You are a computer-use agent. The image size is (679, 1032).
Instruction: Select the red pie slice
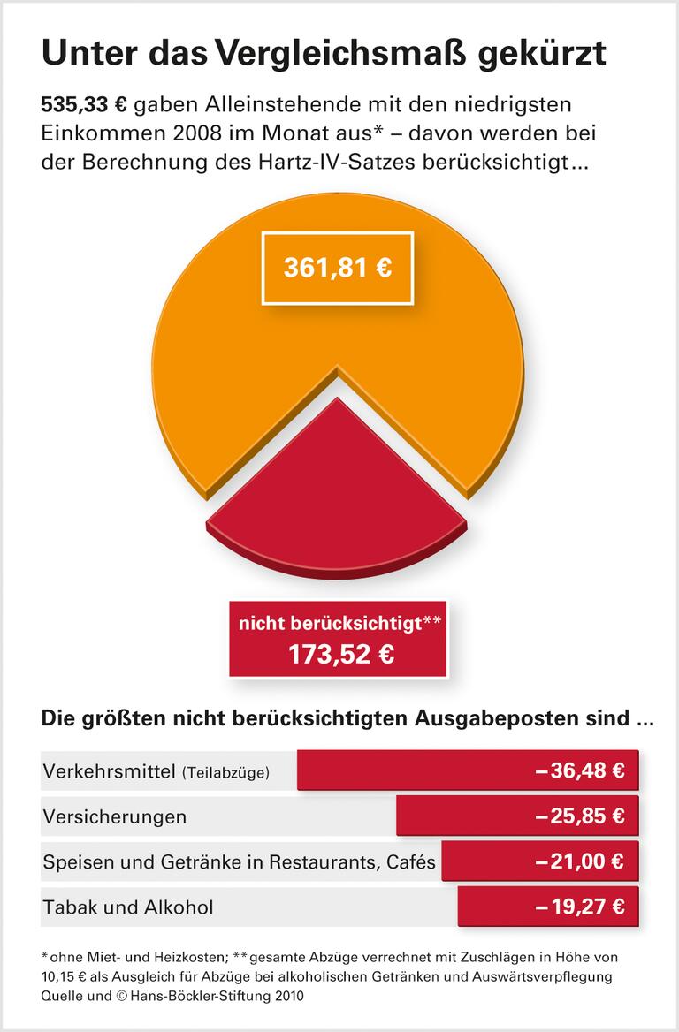point(338,495)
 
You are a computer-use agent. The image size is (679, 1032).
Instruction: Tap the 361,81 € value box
point(337,269)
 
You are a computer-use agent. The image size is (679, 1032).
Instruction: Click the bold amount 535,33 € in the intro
point(85,105)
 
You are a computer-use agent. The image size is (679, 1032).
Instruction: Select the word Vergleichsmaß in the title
point(329,54)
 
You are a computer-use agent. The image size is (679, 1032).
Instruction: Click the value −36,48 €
point(579,770)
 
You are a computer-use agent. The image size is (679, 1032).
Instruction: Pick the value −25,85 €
point(579,816)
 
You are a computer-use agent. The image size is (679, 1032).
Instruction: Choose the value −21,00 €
point(579,861)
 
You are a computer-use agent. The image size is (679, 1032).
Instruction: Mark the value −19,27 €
point(579,907)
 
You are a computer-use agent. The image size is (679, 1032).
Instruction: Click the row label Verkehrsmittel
point(109,771)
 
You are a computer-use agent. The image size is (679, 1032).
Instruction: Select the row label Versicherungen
point(114,816)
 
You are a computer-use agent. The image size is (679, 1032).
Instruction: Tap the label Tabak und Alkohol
point(127,907)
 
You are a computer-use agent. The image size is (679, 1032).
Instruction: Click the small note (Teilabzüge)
point(225,773)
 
